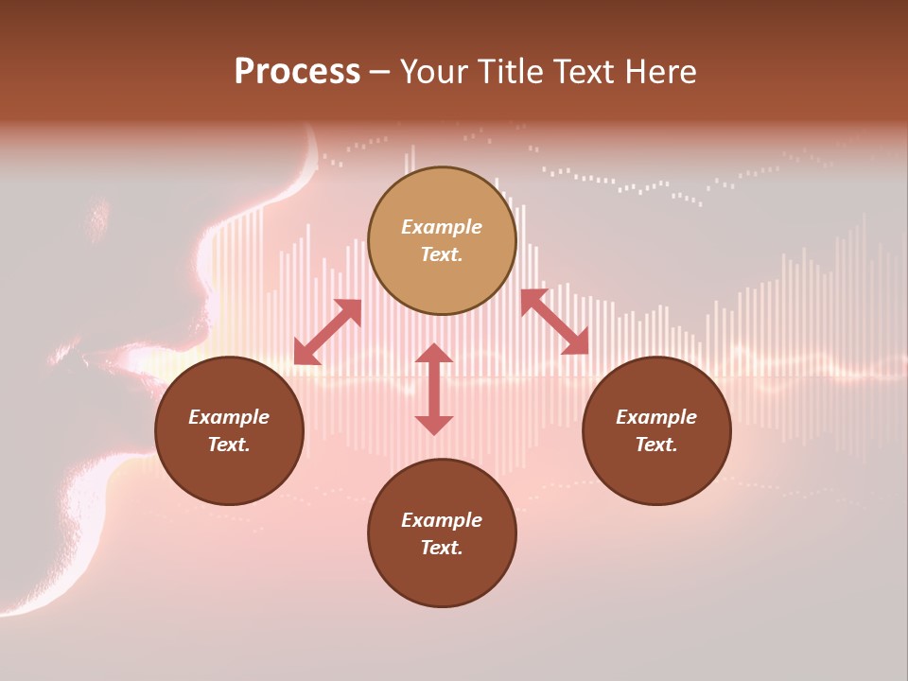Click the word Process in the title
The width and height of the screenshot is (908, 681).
pos(297,72)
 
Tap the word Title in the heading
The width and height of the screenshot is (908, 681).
pos(514,72)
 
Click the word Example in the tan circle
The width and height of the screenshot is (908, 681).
pos(442,227)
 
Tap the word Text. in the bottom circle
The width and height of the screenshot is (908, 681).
pos(442,548)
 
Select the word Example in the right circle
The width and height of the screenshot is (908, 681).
pos(656,417)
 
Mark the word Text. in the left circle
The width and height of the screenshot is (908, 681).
pos(229,445)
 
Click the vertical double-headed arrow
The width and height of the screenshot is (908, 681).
pos(434,389)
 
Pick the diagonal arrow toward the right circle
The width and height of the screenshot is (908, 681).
pos(554,322)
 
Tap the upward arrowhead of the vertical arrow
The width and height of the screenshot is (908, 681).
pos(434,354)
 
